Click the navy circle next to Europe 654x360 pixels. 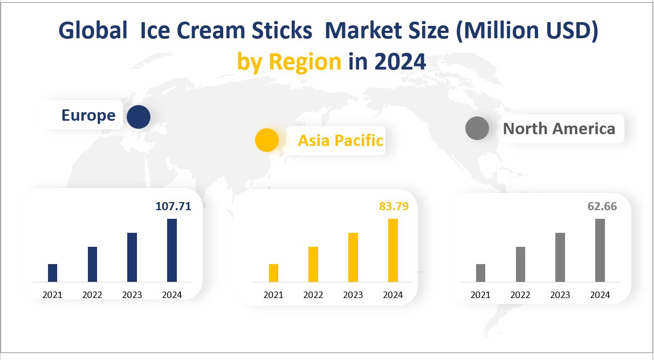coord(139,117)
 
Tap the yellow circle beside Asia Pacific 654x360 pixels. coord(267,140)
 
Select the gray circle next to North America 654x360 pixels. coord(477,128)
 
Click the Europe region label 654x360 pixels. coord(88,115)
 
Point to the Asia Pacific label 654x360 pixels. coord(340,141)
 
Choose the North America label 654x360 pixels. coord(559,129)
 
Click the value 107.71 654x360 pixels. coord(173,206)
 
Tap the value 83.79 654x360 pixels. coord(394,206)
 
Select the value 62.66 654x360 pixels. coord(602,206)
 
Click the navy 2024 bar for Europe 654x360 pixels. coord(172,250)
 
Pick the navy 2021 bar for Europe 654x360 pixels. coord(52,273)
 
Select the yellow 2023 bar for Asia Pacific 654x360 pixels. coord(353,257)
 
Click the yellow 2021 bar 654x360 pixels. coord(273,273)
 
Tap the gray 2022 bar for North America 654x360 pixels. coord(520,264)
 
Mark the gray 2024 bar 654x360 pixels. coord(600,250)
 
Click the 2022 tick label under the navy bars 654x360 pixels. coord(92,295)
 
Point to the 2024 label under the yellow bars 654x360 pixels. coord(393,295)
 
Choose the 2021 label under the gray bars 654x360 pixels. coord(480,295)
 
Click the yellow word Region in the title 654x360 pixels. coord(305,63)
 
